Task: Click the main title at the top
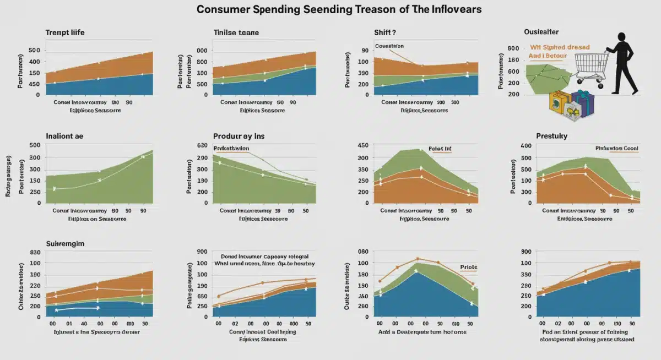pos(330,10)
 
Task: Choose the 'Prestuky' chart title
pos(551,135)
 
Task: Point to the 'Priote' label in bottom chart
pos(469,267)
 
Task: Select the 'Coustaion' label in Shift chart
pos(389,46)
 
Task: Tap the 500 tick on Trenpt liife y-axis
pos(34,51)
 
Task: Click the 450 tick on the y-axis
pos(362,145)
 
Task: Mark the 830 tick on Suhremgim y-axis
pos(34,252)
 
